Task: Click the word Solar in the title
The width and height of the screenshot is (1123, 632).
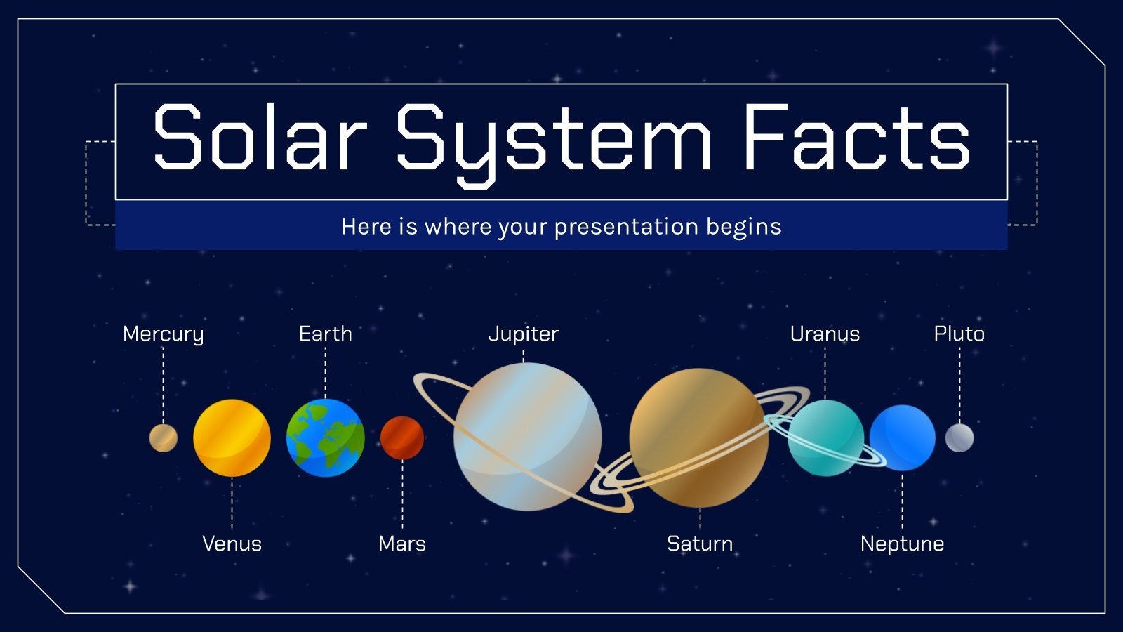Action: click(x=260, y=138)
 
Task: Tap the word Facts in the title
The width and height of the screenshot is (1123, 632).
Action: click(x=856, y=138)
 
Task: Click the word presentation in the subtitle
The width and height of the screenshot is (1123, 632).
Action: click(x=626, y=227)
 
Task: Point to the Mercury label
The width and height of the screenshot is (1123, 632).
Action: click(x=163, y=334)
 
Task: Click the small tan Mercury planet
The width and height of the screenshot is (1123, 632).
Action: click(x=163, y=437)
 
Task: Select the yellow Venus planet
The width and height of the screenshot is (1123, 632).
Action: click(x=232, y=437)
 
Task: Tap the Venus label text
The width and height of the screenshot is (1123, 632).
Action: click(x=232, y=544)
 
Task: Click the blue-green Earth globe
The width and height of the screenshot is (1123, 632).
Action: click(x=325, y=437)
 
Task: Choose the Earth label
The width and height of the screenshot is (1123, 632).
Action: click(x=325, y=334)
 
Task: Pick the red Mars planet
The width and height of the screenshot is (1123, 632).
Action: click(x=402, y=437)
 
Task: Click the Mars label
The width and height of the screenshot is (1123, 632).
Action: click(x=402, y=544)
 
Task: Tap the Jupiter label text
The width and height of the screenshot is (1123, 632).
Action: click(x=523, y=334)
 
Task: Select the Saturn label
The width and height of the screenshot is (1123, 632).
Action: click(x=700, y=544)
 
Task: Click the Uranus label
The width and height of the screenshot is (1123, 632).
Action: click(x=825, y=334)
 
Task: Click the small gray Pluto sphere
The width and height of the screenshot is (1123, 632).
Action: click(x=959, y=437)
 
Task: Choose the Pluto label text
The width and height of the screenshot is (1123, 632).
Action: click(x=959, y=334)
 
